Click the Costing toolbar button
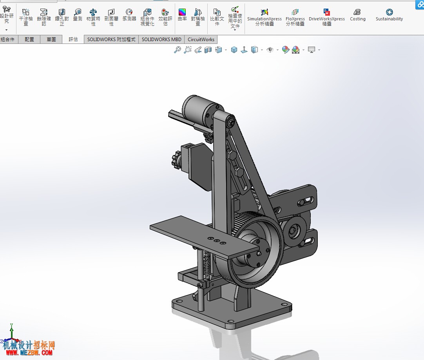click(x=357, y=15)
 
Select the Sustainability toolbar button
click(x=389, y=15)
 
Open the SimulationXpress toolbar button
click(x=264, y=17)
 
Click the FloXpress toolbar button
click(x=295, y=17)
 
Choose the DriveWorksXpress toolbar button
click(x=327, y=17)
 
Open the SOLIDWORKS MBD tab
click(x=161, y=40)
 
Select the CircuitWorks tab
click(x=201, y=40)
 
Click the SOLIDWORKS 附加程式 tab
click(x=111, y=40)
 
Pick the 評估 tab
click(x=73, y=40)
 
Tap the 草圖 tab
click(x=51, y=40)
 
